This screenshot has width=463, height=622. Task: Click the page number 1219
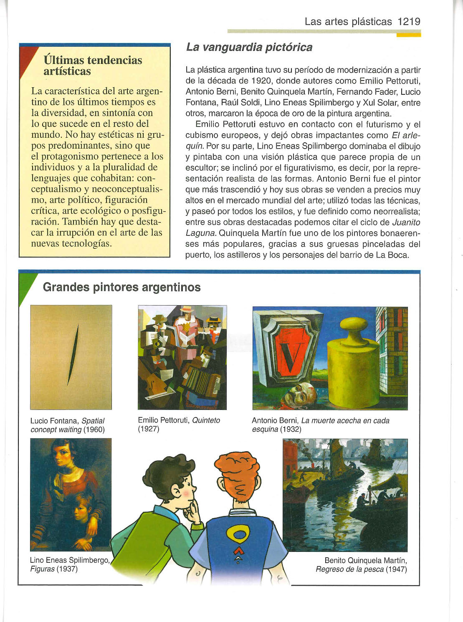coord(409,22)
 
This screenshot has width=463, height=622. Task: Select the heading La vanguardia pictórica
coord(249,47)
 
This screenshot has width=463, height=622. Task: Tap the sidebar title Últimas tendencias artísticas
coord(93,66)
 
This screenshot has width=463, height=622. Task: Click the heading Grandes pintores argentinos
coord(121,287)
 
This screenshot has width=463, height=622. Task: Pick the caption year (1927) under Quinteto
coord(149,429)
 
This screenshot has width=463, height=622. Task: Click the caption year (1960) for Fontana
coord(94,430)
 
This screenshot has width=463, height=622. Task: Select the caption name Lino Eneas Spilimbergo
coord(70,560)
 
